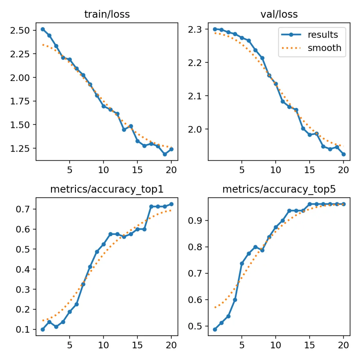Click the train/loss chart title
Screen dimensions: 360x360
107,14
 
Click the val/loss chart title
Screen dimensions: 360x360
279,14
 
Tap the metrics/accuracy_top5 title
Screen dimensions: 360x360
279,189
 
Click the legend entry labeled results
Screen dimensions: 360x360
323,35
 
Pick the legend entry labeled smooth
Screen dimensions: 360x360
324,48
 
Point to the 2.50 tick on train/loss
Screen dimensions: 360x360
23,30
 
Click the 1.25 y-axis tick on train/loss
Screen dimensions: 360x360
23,149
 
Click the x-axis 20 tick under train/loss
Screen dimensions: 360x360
171,169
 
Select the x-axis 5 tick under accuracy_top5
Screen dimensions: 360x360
242,344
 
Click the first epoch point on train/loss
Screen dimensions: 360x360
43,29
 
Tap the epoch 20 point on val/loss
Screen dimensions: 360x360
344,154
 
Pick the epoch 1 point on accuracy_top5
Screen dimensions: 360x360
215,329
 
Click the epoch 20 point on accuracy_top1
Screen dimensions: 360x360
171,204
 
